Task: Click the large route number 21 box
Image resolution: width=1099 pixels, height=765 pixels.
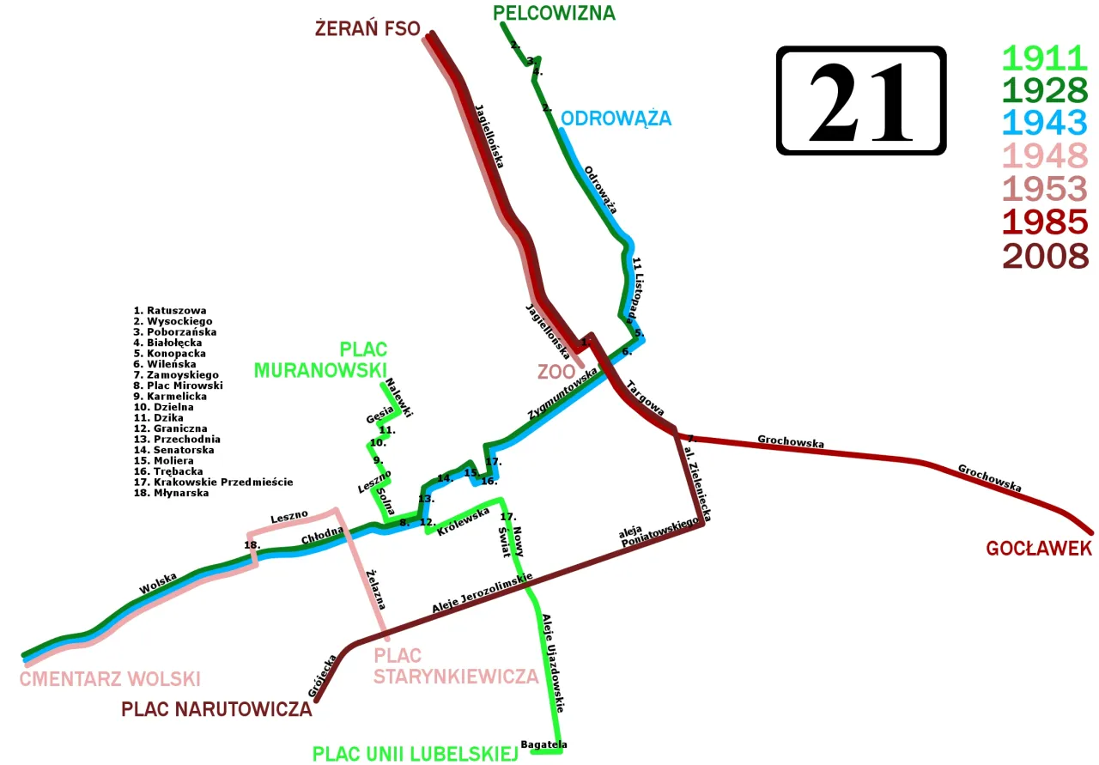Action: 860,100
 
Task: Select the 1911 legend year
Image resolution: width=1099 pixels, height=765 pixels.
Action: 1045,58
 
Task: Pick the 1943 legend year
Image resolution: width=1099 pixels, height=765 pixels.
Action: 1045,123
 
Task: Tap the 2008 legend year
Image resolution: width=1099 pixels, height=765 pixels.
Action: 1045,255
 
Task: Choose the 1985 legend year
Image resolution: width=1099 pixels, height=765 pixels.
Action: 1045,222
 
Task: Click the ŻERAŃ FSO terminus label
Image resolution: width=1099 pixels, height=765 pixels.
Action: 367,29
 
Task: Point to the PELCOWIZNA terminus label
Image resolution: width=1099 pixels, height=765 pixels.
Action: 554,13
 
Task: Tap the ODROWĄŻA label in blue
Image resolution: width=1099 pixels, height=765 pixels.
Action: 616,118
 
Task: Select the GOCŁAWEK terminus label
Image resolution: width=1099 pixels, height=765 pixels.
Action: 1039,548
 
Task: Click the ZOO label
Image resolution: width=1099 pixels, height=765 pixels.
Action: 555,372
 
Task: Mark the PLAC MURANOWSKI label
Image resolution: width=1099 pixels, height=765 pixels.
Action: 320,360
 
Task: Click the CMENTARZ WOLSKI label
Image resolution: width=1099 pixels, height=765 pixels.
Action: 110,678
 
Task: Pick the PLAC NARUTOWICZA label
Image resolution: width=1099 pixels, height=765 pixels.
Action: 216,710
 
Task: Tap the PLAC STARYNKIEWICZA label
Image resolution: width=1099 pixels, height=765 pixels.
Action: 456,665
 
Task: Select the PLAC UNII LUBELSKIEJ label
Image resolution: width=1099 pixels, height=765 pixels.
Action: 414,754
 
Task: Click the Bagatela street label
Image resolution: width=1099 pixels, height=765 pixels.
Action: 543,744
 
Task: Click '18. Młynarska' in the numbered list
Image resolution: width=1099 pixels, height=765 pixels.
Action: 171,493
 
